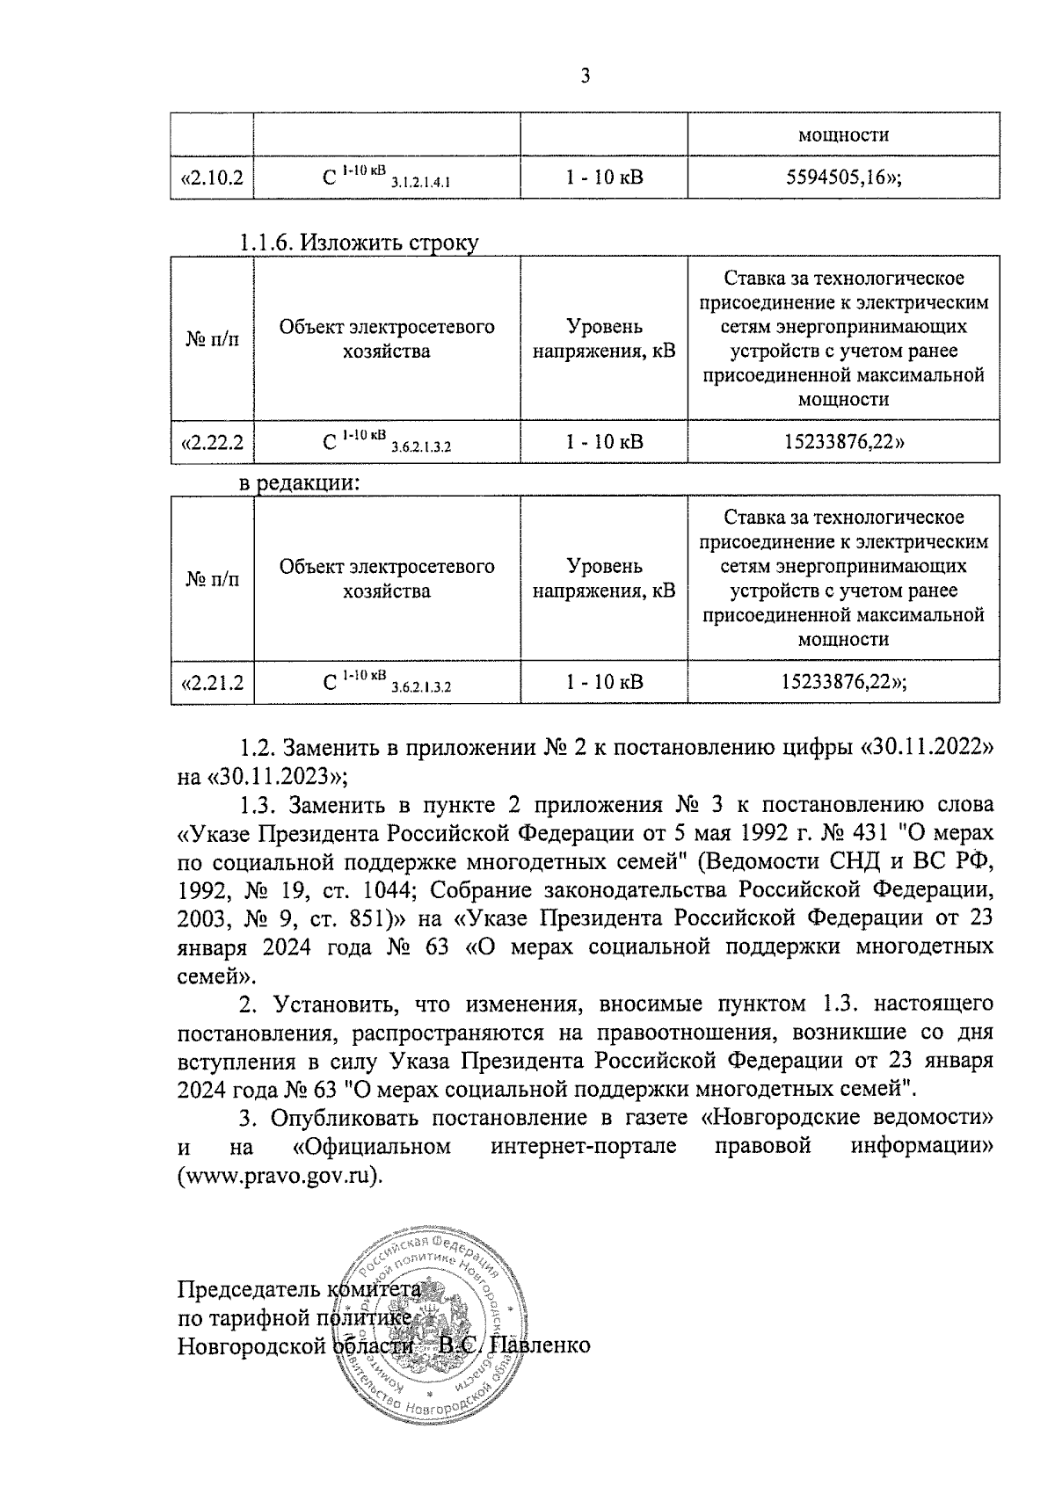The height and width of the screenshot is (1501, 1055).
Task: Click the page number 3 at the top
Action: [x=585, y=76]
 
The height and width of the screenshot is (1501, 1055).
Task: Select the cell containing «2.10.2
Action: [x=212, y=178]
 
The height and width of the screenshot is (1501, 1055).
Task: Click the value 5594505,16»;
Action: [x=843, y=178]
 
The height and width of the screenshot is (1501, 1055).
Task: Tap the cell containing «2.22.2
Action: [x=212, y=441]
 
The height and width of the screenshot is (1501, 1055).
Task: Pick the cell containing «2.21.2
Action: [x=212, y=682]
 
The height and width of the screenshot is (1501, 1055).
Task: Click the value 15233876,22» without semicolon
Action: [x=843, y=441]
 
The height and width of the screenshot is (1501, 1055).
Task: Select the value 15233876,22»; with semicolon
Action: [x=843, y=682]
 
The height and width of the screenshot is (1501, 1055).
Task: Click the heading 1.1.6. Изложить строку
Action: [x=360, y=243]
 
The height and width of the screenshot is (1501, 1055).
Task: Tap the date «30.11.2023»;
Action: [x=263, y=777]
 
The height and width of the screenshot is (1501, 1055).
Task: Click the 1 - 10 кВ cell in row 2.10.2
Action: [x=604, y=178]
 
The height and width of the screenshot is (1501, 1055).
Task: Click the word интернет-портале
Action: [x=584, y=1147]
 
